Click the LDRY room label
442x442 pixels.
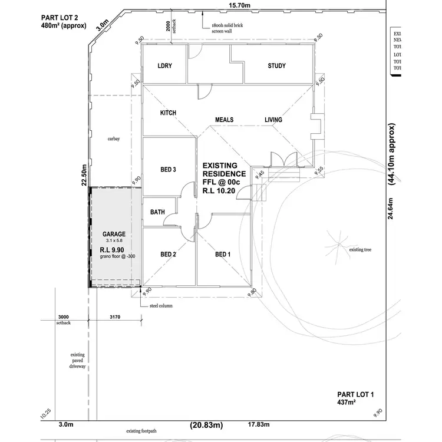pyautogui.click(x=164, y=66)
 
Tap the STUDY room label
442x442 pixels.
pyautogui.click(x=276, y=66)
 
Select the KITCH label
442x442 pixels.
pyautogui.click(x=169, y=113)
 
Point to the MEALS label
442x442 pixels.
pyautogui.click(x=224, y=120)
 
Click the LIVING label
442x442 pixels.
pyautogui.click(x=273, y=120)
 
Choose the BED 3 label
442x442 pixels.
pyautogui.click(x=169, y=170)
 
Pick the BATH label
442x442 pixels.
pyautogui.click(x=157, y=212)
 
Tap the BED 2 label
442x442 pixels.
pyautogui.click(x=169, y=255)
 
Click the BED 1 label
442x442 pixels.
pyautogui.click(x=222, y=255)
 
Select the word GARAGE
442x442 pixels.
pyautogui.click(x=114, y=234)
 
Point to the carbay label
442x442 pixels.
pyautogui.click(x=114, y=139)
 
